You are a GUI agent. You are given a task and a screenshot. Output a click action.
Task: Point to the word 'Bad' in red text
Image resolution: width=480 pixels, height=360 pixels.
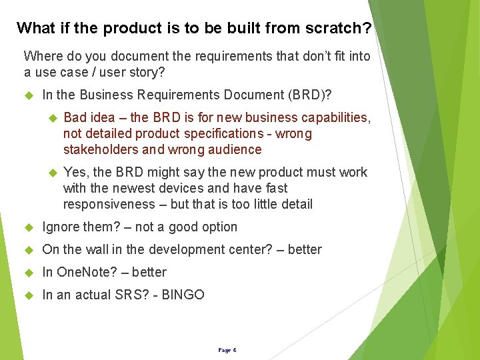(x=75, y=117)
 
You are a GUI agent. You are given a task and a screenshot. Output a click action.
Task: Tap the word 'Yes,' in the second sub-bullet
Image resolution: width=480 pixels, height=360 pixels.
(x=76, y=172)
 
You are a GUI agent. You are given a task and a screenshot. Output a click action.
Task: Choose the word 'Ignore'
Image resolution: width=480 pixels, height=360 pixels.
(x=61, y=227)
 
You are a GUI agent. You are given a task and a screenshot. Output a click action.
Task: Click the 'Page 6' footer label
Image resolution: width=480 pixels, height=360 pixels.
(x=227, y=350)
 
